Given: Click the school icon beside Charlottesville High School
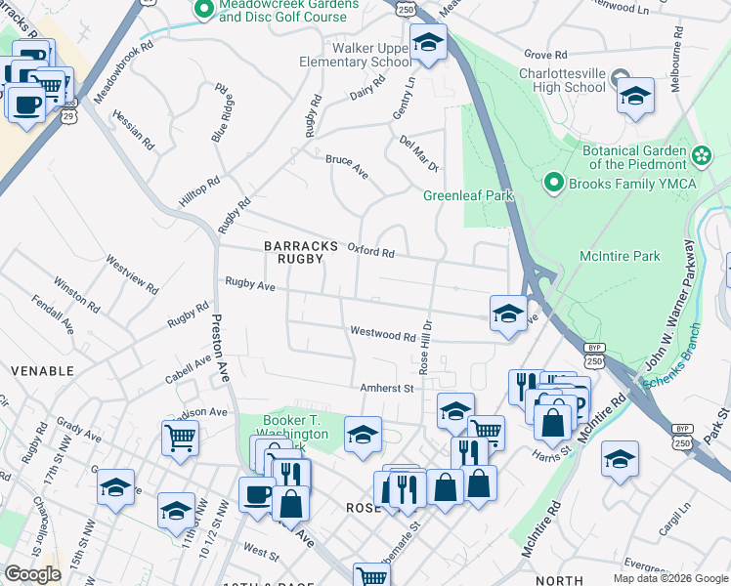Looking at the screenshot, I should click(635, 96).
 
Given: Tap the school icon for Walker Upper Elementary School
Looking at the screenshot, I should click(428, 42).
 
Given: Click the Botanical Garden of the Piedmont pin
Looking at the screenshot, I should click(701, 156).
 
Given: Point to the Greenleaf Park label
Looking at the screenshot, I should click(468, 195).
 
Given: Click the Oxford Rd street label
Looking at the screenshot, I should click(371, 251).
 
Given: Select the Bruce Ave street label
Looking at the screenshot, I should click(347, 166).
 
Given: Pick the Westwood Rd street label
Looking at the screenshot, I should click(383, 335).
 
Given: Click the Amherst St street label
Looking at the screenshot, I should click(388, 388).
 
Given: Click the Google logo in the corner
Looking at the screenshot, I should click(32, 574).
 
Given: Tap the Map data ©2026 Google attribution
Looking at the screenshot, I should click(669, 578).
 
